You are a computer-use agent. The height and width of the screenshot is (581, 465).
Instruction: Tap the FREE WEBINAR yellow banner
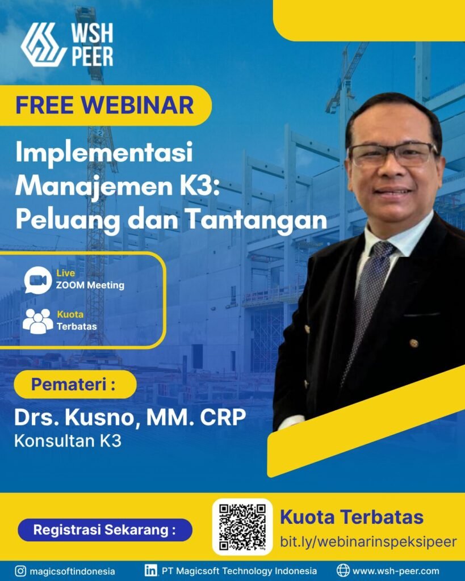pos(105,105)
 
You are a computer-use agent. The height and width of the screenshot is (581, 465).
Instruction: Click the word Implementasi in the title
pos(104,154)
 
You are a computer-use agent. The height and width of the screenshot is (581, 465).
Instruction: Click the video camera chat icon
pos(37,280)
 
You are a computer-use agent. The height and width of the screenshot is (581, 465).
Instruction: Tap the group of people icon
pos(37,321)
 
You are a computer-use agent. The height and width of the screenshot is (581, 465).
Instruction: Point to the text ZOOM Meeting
pos(90,285)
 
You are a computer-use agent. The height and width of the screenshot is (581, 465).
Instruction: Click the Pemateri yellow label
pos(74,384)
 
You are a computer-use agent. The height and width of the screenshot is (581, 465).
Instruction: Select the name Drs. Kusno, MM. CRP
pos(130,418)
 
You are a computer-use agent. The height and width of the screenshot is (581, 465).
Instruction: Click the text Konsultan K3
pos(68,441)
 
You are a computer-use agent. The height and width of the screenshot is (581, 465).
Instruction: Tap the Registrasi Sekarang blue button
pos(104,530)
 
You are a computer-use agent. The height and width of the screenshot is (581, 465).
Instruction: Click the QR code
pos(242,527)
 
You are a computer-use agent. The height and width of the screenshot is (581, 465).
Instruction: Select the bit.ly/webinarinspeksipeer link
pos(368,541)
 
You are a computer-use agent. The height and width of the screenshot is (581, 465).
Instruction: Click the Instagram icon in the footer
pos(20,571)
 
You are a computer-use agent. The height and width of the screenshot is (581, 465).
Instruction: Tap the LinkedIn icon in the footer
pos(151,571)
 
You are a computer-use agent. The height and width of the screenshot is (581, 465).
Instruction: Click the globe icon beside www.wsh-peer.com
pos(343,571)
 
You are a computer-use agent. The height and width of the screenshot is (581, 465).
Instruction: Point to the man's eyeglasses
pos(392,153)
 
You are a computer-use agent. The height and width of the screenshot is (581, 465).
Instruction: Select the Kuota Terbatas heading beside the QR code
pos(351,517)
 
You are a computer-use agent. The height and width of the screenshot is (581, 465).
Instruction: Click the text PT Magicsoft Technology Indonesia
pos(239,571)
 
